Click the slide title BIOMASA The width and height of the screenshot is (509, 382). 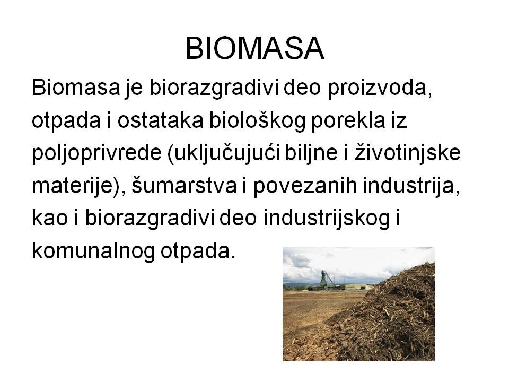pos(254,49)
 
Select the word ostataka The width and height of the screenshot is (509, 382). pos(160,120)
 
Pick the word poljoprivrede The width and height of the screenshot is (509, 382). pos(96,153)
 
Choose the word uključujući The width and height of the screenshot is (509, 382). pos(224,153)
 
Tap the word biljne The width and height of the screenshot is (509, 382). pos(311,153)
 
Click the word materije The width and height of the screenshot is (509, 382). pos(73,186)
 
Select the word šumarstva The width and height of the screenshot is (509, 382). pos(184,186)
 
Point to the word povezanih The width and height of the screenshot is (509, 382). pos(305,186)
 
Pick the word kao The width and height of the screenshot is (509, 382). pos(50,218)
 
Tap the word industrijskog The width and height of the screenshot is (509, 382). pos(327,218)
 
